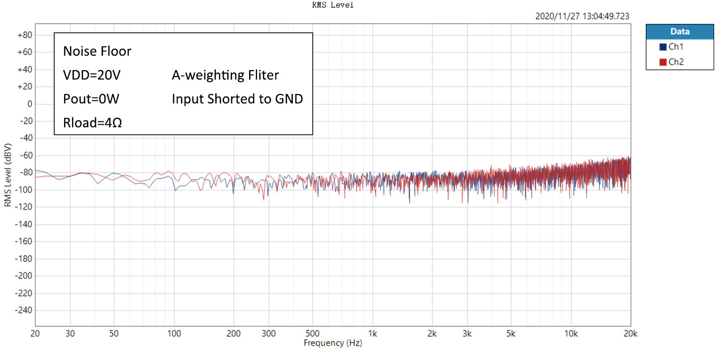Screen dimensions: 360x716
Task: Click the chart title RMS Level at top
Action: (333, 5)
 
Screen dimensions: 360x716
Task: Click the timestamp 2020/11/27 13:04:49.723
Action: (582, 16)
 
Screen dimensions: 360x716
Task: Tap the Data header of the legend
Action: (680, 31)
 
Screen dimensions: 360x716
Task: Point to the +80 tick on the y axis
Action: (24, 35)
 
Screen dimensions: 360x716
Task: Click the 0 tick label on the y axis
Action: (30, 104)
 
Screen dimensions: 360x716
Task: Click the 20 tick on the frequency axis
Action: (35, 333)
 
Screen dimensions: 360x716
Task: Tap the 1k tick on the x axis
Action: (372, 333)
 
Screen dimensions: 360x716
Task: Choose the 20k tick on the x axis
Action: (630, 333)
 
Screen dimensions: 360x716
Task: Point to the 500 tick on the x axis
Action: (313, 333)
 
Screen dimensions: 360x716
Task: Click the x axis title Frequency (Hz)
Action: (333, 343)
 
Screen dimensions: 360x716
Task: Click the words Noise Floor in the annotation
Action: (97, 51)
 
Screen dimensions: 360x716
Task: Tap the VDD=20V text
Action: (92, 76)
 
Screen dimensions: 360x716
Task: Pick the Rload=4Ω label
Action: (93, 122)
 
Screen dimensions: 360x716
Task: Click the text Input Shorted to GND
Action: (237, 99)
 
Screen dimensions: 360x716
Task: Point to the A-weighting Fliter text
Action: (225, 76)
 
